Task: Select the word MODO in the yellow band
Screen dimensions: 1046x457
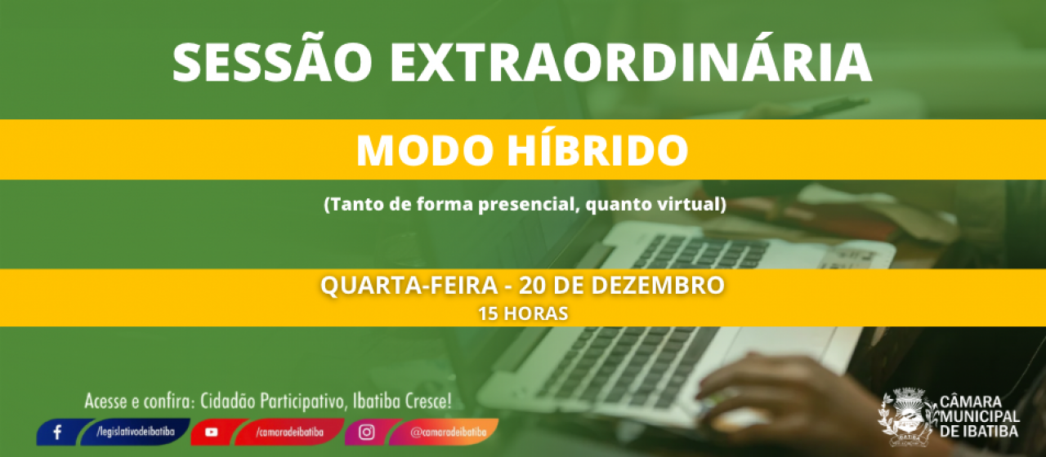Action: click(425, 150)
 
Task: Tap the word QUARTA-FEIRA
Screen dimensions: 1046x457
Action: click(409, 285)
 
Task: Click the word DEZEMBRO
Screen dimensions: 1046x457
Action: click(658, 285)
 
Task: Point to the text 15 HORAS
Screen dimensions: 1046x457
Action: click(523, 313)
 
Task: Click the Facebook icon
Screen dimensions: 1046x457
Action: click(57, 433)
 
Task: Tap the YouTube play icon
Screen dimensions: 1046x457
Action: click(211, 433)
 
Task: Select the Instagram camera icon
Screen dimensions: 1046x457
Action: click(367, 433)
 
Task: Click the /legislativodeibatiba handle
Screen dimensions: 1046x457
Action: click(136, 432)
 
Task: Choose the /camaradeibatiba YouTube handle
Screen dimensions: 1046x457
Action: click(289, 433)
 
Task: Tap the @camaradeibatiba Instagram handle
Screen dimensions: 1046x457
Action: click(449, 433)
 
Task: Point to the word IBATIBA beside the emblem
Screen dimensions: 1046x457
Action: click(991, 431)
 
